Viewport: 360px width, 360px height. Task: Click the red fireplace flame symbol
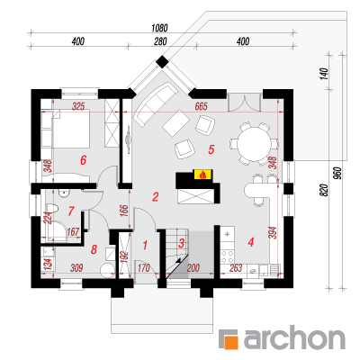[x=203, y=175]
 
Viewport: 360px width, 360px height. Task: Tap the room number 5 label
[x=211, y=149]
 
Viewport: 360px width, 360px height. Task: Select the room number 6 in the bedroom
[x=83, y=160]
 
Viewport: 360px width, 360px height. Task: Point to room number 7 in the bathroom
[x=71, y=211]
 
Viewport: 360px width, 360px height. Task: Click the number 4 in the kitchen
[x=251, y=241]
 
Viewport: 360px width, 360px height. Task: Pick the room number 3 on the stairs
[x=181, y=243]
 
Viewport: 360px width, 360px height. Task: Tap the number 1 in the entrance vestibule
[x=145, y=246]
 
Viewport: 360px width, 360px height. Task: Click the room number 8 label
[x=94, y=249]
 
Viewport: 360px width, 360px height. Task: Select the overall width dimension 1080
[x=159, y=28]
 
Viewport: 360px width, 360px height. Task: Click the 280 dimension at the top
[x=160, y=41]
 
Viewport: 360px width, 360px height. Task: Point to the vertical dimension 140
[x=324, y=74]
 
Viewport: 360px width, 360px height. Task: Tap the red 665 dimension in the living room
[x=202, y=106]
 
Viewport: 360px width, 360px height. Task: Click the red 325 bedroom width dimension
[x=78, y=106]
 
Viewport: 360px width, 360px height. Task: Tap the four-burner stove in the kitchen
[x=227, y=256]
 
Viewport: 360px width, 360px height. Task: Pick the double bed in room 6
[x=71, y=129]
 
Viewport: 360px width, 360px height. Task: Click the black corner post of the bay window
[x=163, y=62]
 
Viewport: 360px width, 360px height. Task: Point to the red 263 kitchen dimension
[x=236, y=268]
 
